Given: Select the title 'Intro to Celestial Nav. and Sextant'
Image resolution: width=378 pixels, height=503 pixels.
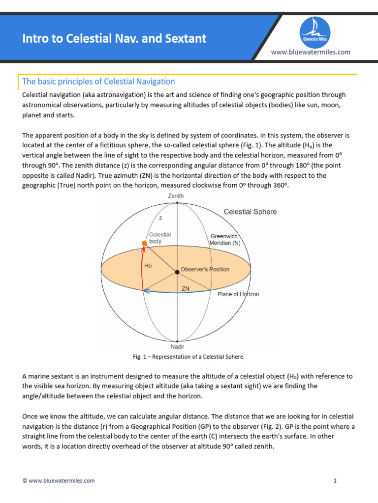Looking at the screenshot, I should (x=114, y=38).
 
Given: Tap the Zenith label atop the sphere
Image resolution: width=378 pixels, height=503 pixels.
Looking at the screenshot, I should (x=176, y=196).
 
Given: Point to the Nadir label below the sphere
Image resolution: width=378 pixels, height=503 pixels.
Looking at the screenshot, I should (x=177, y=346).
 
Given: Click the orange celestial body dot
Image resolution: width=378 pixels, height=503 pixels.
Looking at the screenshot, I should (x=144, y=243).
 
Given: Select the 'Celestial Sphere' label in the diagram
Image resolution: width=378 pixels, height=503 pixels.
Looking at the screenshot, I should (x=250, y=212).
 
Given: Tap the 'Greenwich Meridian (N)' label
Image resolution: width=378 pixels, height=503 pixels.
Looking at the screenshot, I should (x=224, y=239).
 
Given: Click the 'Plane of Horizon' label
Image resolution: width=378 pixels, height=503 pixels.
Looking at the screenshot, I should (x=238, y=294).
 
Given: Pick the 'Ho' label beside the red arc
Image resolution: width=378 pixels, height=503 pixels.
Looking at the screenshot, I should (x=148, y=265).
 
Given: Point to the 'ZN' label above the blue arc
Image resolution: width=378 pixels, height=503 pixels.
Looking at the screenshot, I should (x=186, y=289).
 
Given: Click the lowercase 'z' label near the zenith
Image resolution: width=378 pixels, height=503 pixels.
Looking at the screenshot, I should (x=160, y=218).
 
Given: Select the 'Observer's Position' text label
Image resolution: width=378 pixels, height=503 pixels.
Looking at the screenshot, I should (x=205, y=269).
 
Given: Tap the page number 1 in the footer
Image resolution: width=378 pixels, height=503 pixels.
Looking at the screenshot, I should (x=335, y=480).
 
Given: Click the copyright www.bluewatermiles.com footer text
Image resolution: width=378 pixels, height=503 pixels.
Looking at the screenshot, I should (x=59, y=480).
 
